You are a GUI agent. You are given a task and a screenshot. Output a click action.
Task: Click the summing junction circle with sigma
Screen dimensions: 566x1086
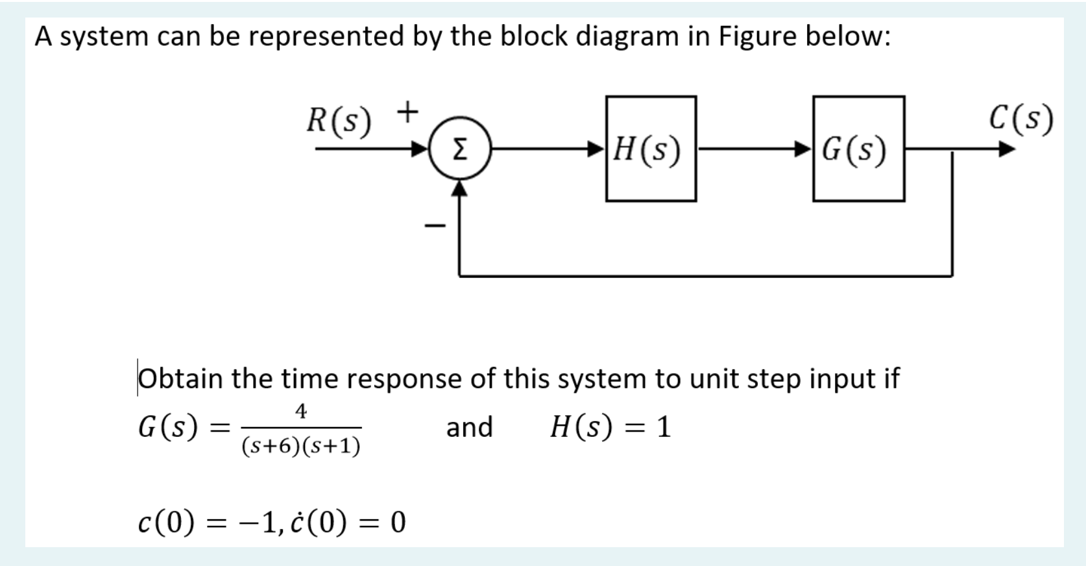tap(459, 149)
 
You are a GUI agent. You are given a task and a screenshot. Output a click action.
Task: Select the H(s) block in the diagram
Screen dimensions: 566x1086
tap(651, 149)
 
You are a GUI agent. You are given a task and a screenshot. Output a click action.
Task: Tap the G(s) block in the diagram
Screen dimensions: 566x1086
tap(858, 149)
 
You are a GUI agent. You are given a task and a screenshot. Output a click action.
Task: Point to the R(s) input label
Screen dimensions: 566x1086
tap(339, 121)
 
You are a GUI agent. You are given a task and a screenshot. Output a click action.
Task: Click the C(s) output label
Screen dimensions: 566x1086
tap(1021, 119)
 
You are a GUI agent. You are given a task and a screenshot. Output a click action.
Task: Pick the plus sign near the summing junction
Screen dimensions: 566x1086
tap(407, 112)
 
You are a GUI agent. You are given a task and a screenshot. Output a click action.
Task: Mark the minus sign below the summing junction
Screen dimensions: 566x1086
tap(435, 226)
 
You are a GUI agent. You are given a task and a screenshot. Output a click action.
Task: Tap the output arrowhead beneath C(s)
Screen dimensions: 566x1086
tap(1006, 150)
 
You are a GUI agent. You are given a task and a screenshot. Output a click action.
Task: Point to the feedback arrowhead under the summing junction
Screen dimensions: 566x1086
tap(459, 188)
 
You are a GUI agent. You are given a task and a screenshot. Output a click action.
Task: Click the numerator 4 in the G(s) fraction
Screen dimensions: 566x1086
tap(301, 411)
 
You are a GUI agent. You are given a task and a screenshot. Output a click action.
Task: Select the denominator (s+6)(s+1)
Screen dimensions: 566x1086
tap(301, 446)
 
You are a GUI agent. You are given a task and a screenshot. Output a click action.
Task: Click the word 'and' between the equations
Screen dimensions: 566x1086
tap(469, 427)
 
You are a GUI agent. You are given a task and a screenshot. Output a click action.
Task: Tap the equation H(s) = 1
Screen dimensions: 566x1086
tap(610, 427)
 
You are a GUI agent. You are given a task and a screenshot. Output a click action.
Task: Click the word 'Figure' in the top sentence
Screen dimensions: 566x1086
tap(757, 36)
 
